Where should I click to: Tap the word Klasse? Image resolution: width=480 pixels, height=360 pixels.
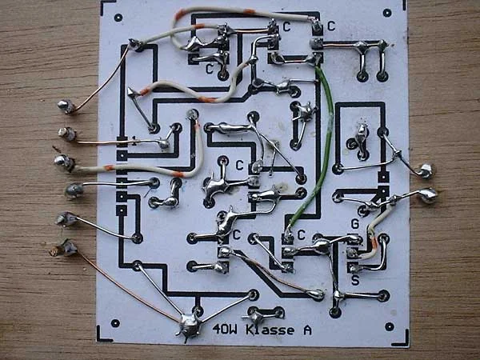(270, 330)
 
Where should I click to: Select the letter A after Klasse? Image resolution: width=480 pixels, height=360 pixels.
(307, 330)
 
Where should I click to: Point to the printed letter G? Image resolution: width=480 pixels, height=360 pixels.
(354, 224)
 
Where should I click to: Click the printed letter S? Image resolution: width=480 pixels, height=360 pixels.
(355, 280)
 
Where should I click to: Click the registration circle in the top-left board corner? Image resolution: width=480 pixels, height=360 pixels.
(118, 18)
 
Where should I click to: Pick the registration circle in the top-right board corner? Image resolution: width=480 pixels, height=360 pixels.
(387, 13)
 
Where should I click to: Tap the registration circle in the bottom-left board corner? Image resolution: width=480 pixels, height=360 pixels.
(115, 323)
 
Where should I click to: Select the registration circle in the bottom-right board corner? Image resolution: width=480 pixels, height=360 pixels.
(390, 326)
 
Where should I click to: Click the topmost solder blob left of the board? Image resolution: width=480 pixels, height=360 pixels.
(66, 106)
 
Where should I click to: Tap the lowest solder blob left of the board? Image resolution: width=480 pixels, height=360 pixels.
(64, 248)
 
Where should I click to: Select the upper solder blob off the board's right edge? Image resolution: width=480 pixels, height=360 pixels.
(426, 171)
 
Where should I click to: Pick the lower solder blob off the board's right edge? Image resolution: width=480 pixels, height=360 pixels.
(428, 196)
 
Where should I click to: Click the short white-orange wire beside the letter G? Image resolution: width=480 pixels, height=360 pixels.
(372, 233)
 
